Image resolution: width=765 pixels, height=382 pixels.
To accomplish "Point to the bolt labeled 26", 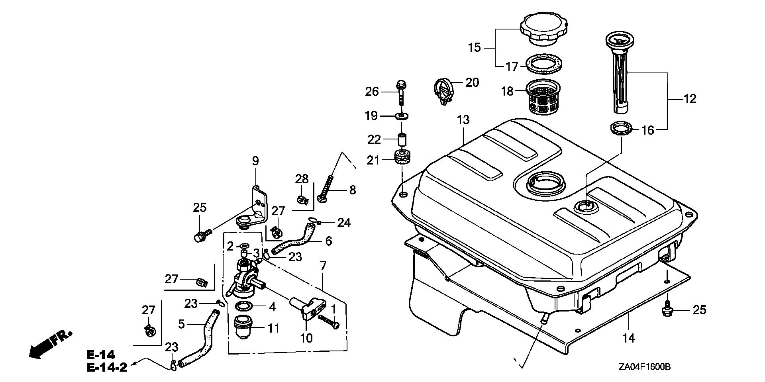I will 401,92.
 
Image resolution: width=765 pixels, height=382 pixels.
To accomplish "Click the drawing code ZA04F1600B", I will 645,367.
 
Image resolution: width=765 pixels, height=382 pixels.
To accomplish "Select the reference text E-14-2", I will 107,367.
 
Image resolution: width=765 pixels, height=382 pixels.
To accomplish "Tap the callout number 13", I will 463,119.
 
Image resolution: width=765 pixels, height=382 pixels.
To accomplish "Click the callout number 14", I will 628,338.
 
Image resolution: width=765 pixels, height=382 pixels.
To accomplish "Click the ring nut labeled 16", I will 621,129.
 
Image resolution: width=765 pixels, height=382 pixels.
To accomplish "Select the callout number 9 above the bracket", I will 255,161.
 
